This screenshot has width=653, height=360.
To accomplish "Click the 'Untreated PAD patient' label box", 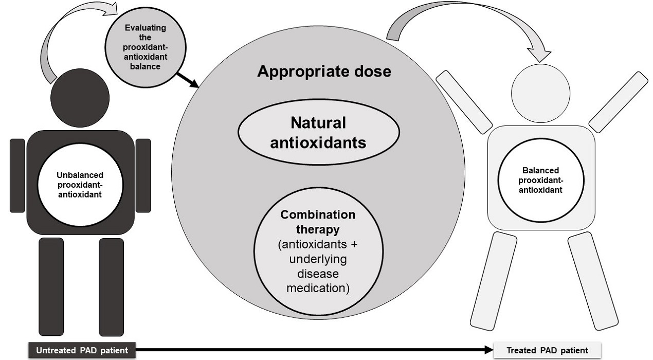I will pyautogui.click(x=81, y=351).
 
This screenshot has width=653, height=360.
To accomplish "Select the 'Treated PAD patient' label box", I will pyautogui.click(x=547, y=351).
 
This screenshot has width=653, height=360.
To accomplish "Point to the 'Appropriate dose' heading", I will pyautogui.click(x=324, y=71).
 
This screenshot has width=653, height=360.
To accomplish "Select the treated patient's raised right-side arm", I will pyautogui.click(x=618, y=102).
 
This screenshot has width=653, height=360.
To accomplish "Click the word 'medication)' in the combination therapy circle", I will pyautogui.click(x=318, y=287).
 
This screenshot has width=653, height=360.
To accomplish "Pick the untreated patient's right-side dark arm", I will pyautogui.click(x=143, y=175).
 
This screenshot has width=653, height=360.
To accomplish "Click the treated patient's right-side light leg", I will pyautogui.click(x=593, y=280).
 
